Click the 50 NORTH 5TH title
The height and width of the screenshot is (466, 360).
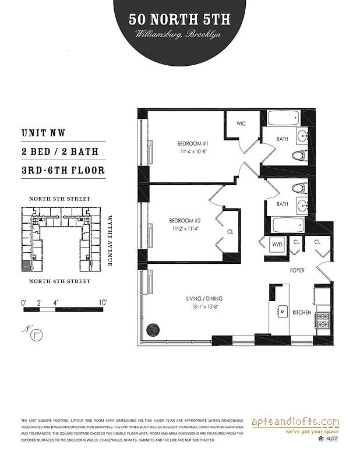[179, 19]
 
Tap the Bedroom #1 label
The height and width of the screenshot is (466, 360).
[193, 143]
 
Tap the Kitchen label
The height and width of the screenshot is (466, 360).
[302, 313]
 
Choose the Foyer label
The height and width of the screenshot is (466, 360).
[298, 271]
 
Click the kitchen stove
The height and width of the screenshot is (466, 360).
[322, 319]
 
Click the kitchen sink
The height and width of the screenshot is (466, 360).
[283, 312]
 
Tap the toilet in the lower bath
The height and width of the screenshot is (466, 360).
[299, 188]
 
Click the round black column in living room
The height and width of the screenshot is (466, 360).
[153, 330]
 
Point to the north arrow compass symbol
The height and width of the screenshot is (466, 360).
[36, 334]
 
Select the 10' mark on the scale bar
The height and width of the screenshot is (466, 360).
[103, 303]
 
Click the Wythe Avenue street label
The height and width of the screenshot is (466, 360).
[110, 240]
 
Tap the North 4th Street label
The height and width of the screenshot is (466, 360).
[60, 281]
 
